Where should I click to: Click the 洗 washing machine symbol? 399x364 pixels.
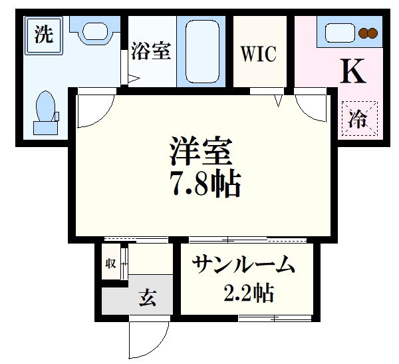click(44, 35)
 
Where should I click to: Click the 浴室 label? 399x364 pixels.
click(150, 51)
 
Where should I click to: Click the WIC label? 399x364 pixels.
click(258, 54)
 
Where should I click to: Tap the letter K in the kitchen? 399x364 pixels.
click(352, 72)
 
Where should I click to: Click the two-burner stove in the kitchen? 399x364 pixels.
click(366, 32)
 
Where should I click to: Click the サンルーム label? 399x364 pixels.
click(243, 266)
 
